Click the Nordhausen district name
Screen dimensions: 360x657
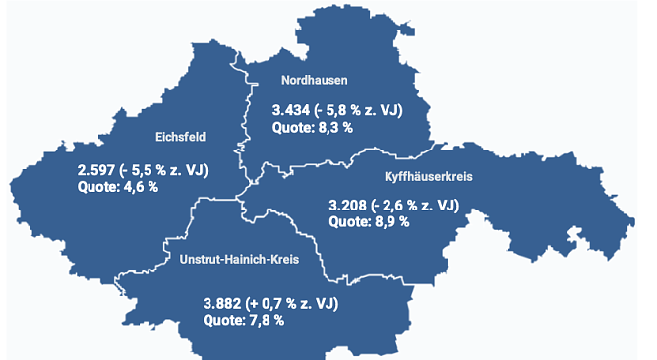[x=315, y=81]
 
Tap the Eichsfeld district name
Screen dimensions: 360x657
[x=180, y=137]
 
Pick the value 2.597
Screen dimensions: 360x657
[x=96, y=170]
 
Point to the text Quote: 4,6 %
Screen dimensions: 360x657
[x=117, y=186]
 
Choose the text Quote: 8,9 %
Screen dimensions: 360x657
[x=369, y=221]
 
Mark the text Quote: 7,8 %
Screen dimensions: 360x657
[x=244, y=320]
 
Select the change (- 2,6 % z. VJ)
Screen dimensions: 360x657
[x=417, y=206]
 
